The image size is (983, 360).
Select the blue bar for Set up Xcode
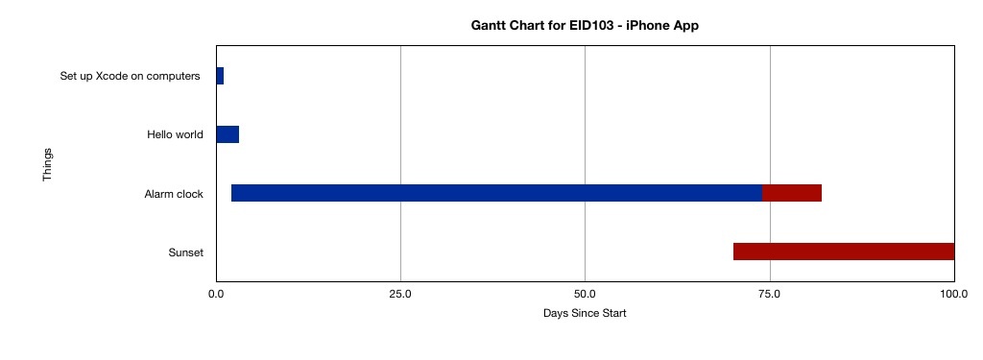tap(220, 76)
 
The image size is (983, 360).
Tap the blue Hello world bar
tap(228, 134)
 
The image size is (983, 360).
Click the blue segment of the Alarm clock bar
tap(496, 193)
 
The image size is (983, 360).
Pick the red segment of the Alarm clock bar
tap(792, 193)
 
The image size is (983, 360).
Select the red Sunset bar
tap(844, 252)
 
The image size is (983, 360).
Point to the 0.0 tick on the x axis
tap(216, 294)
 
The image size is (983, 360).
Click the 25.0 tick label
tap(400, 294)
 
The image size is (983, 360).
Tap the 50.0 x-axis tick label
tap(585, 294)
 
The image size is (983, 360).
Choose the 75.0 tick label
tap(769, 294)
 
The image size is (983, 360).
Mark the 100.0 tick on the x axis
tap(953, 294)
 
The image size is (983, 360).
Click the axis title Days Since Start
tap(585, 313)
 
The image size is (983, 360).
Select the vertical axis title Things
tap(47, 165)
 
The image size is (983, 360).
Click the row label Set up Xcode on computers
tap(130, 77)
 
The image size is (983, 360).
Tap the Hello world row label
tap(175, 134)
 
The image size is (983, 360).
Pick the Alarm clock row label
tap(174, 194)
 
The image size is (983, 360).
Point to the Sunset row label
tap(186, 252)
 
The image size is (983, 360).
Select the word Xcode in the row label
tap(108, 77)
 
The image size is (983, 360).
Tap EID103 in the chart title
tap(593, 26)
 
